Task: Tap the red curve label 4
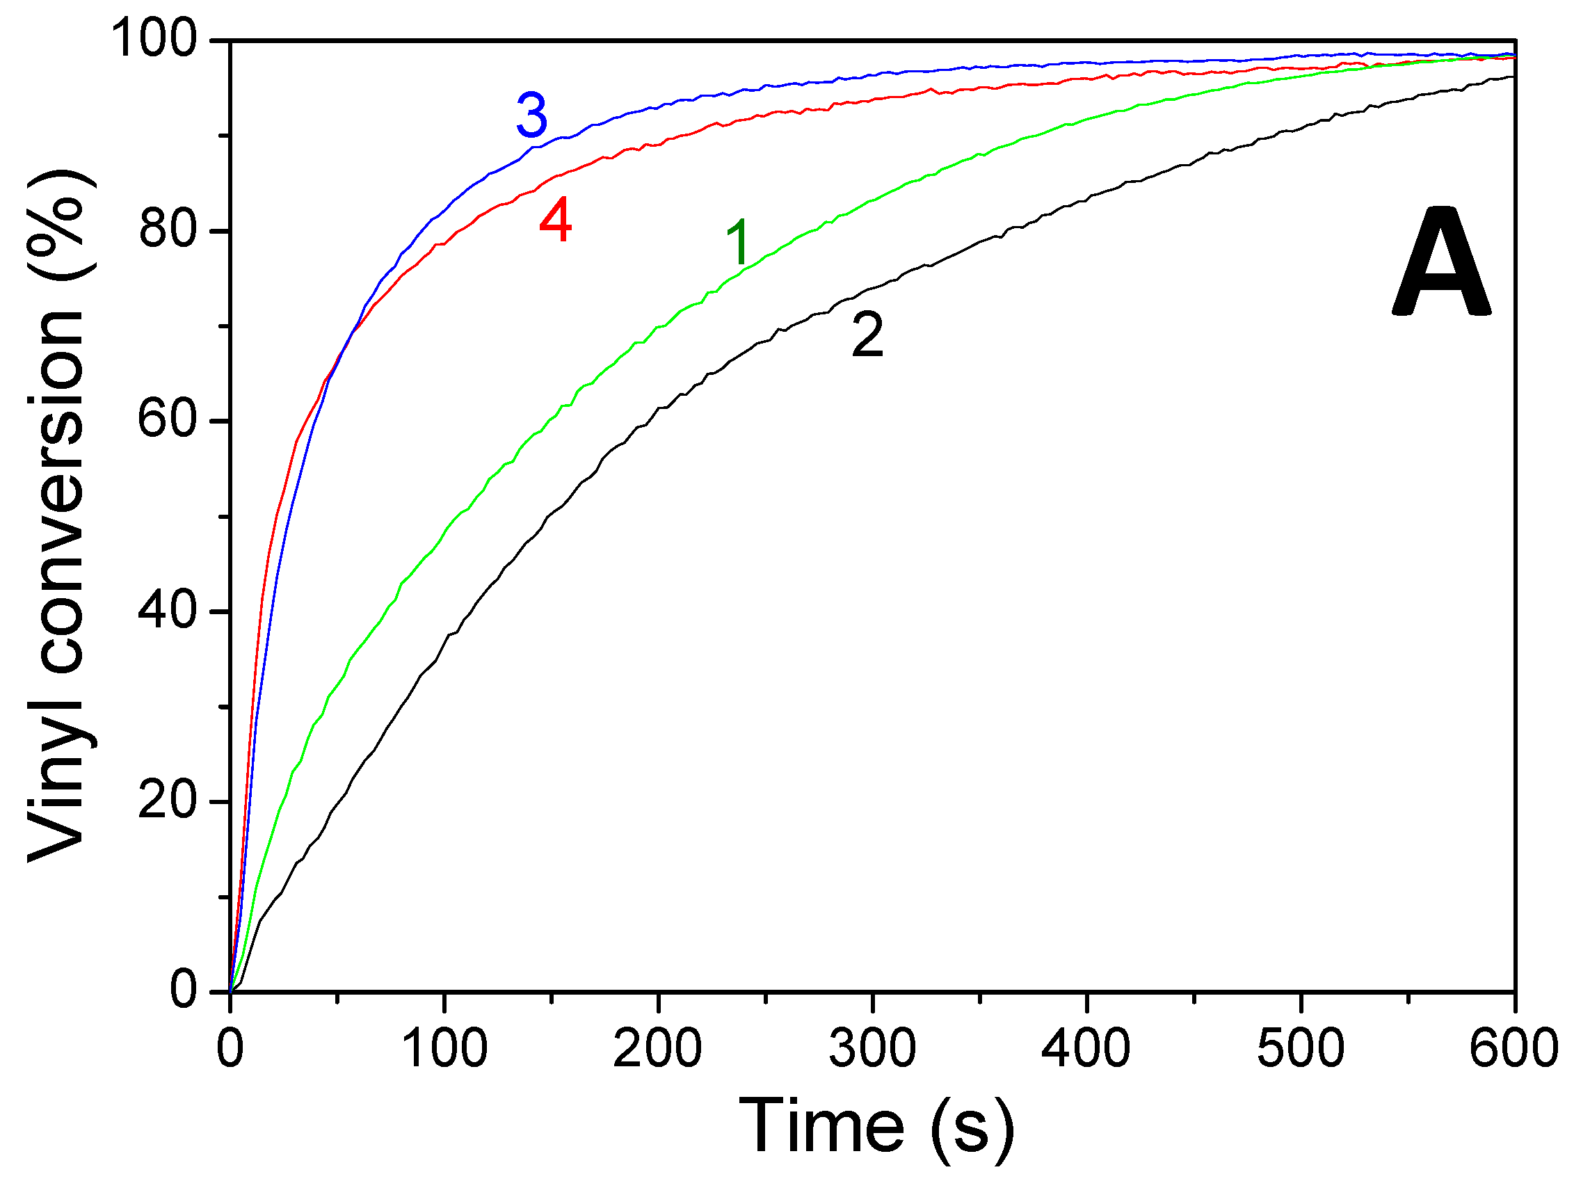pos(556,222)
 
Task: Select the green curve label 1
pos(738,242)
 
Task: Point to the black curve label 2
pos(867,336)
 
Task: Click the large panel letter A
pos(1441,263)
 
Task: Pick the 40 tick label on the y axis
pos(168,611)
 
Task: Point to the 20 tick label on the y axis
pos(168,801)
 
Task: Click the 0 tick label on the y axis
pos(184,990)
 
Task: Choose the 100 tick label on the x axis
pos(444,1049)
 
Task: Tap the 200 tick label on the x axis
pos(658,1049)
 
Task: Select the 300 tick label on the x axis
pos(872,1049)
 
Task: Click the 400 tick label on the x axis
pos(1086,1049)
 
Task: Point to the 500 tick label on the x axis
pos(1301,1049)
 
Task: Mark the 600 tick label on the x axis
pos(1513,1049)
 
